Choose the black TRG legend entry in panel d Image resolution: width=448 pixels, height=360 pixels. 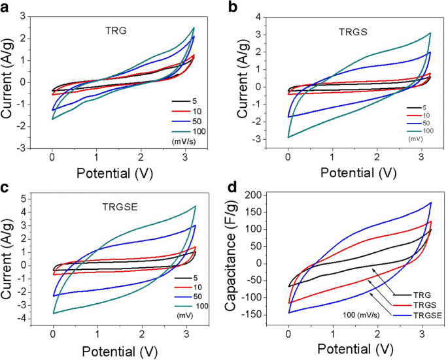coord(407,295)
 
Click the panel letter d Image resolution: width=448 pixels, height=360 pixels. coord(232,185)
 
